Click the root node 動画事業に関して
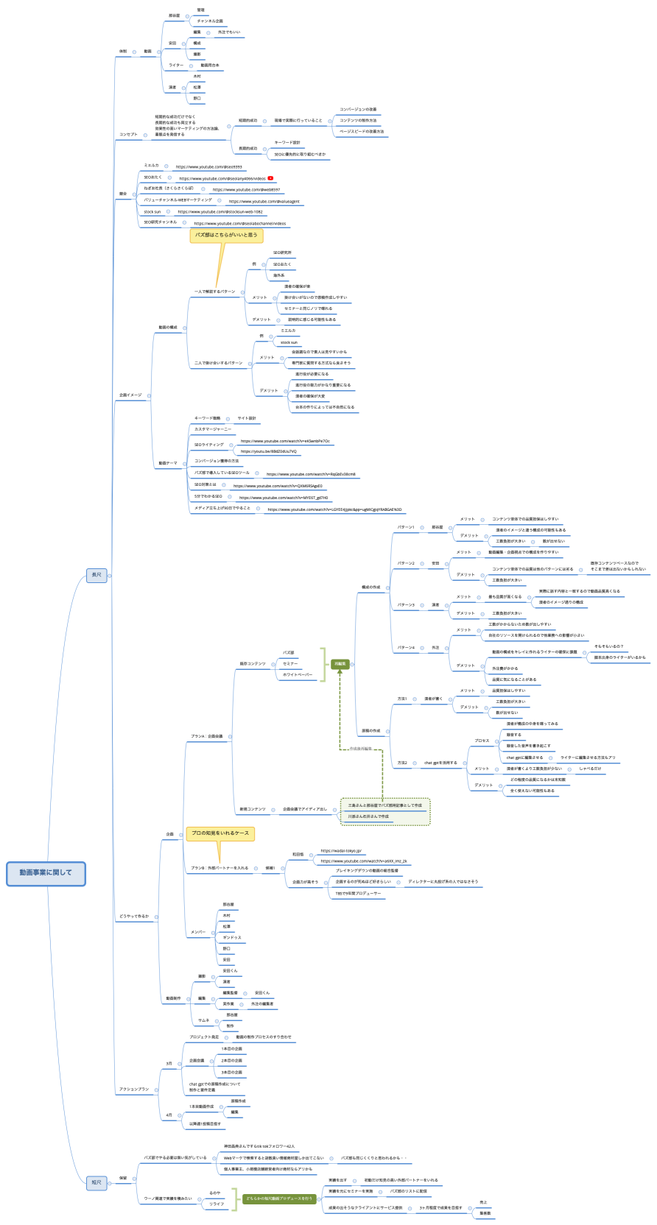pos(46,872)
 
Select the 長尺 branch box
pos(96,575)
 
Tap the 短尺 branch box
pos(96,1182)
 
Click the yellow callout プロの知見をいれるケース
pos(220,833)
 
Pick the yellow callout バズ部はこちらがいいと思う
pos(226,236)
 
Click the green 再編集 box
pos(340,663)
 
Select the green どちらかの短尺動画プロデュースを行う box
pos(279,1198)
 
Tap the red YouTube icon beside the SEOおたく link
pos(271,178)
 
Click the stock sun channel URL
pos(219,212)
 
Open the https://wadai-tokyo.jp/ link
pos(341,850)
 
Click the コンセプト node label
pos(128,135)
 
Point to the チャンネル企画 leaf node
pos(210,21)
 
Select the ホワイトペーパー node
pos(298,674)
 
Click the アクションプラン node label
pos(134,1089)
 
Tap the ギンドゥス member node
pos(232,938)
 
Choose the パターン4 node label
pos(406,648)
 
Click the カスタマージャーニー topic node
pos(213,429)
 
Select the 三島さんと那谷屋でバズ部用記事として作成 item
pos(385,805)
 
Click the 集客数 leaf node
pos(485,1213)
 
